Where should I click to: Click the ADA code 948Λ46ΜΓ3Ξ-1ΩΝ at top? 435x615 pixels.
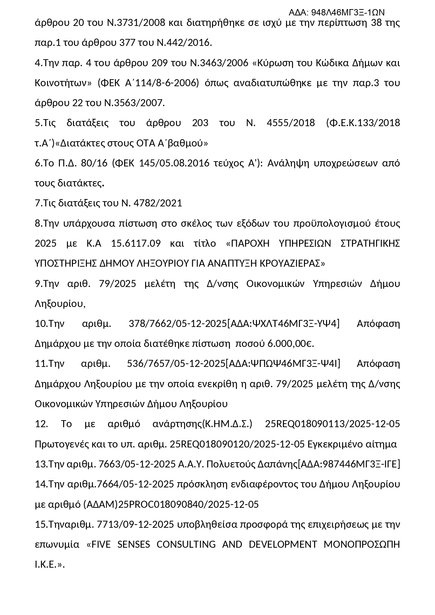(337, 13)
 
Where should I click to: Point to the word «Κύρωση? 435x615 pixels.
(273, 63)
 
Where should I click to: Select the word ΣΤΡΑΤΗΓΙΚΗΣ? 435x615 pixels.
(370, 244)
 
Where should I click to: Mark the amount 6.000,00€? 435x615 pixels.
(291, 344)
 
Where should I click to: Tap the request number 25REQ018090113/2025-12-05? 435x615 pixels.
(332, 424)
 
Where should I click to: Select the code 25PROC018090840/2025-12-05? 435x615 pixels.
(189, 505)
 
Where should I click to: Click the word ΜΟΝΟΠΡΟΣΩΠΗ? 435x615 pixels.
(362, 545)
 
